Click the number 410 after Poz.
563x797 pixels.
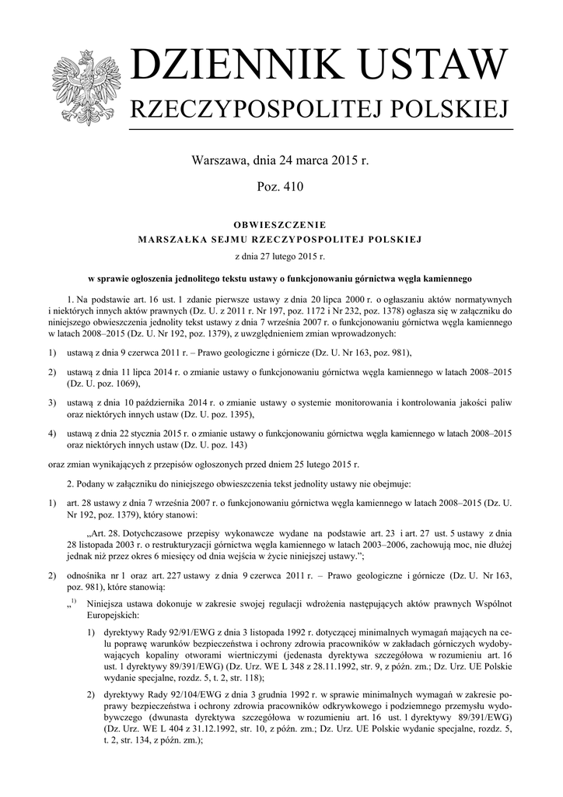[292, 187]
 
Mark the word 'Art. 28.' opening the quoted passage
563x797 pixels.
[104, 533]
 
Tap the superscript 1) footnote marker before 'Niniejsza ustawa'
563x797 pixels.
[72, 602]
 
